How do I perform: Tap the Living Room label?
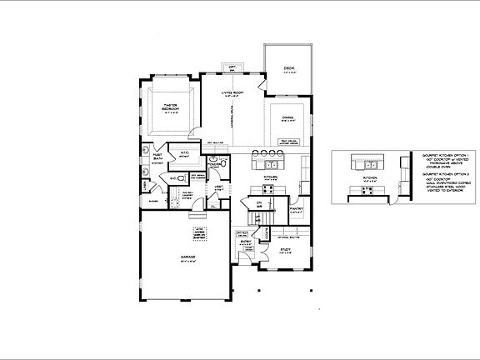232,94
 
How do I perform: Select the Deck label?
289,72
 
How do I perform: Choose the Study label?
285,250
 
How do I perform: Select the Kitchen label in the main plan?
270,177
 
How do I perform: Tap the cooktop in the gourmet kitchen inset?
365,191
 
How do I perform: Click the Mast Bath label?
157,157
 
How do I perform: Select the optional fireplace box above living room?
232,67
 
